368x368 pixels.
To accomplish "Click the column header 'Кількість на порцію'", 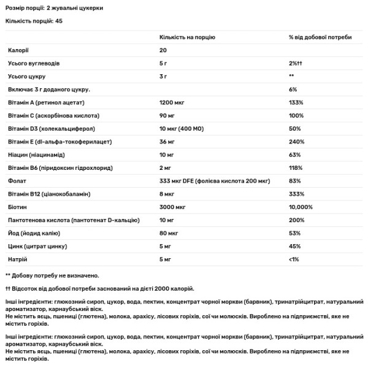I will coord(188,37).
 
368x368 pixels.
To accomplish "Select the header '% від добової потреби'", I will coord(320,37).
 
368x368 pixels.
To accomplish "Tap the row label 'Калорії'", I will coord(18,51).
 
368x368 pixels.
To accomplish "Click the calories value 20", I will coord(164,51).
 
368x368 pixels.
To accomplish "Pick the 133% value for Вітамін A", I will coord(296,102).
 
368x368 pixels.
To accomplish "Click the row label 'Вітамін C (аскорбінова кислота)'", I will coord(53,115).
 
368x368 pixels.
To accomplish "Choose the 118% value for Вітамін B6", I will coord(296,167).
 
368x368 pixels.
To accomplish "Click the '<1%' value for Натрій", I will coord(294,259).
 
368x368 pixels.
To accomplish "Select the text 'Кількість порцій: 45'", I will coord(34,20).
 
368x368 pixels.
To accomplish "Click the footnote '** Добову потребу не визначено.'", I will coord(52,275).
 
